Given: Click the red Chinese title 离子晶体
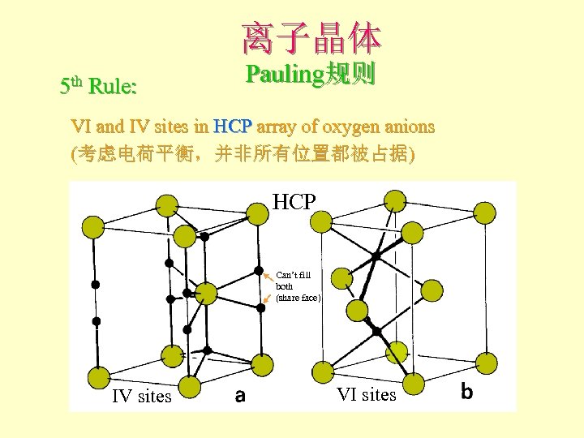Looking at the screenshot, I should click(x=310, y=36).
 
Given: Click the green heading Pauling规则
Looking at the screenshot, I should click(x=310, y=75).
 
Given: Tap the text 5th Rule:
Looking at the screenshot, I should click(x=99, y=86).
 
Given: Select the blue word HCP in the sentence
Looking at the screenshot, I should click(x=234, y=127).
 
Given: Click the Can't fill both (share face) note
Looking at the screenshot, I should click(x=298, y=286).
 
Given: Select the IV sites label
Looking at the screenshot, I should click(x=142, y=397).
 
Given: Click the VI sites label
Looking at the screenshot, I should click(x=367, y=395).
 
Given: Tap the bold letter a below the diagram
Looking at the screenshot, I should click(x=240, y=396).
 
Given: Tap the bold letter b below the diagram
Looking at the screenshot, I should click(x=466, y=392).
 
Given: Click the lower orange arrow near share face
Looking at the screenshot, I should click(x=268, y=299).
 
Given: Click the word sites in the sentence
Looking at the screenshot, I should click(x=173, y=127).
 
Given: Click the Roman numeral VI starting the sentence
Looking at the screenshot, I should click(x=80, y=127).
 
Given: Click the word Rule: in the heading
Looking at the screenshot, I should click(x=113, y=87).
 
